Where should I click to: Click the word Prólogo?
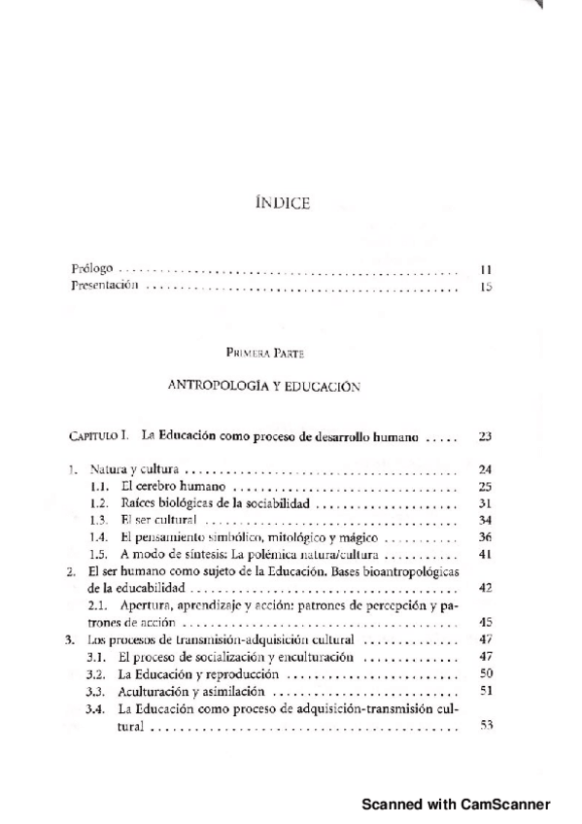point(93,267)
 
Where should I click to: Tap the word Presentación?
point(105,287)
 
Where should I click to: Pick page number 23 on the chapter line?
point(486,438)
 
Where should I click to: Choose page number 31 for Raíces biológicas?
point(486,503)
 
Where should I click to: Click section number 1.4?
point(98,537)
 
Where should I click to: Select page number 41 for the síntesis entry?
point(486,554)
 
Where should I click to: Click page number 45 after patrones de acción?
point(486,623)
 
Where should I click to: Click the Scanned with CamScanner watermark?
point(456,805)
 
